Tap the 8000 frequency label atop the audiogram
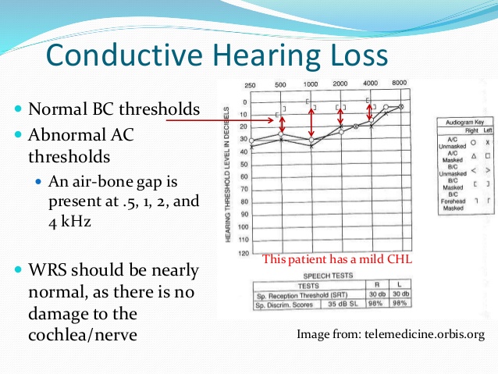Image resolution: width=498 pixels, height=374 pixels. coord(399,84)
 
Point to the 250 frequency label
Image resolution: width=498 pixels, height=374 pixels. coord(251,85)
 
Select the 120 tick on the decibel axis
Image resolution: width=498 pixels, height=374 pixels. coord(243,255)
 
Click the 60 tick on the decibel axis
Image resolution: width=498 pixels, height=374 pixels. coord(243,177)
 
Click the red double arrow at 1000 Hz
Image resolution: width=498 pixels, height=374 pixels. coord(312,123)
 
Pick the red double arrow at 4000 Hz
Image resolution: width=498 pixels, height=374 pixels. coord(370,112)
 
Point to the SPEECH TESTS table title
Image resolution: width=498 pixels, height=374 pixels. coord(325,276)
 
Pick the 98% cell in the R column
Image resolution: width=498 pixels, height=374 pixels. coord(379,303)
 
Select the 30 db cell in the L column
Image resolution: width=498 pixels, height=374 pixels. coord(400,294)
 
